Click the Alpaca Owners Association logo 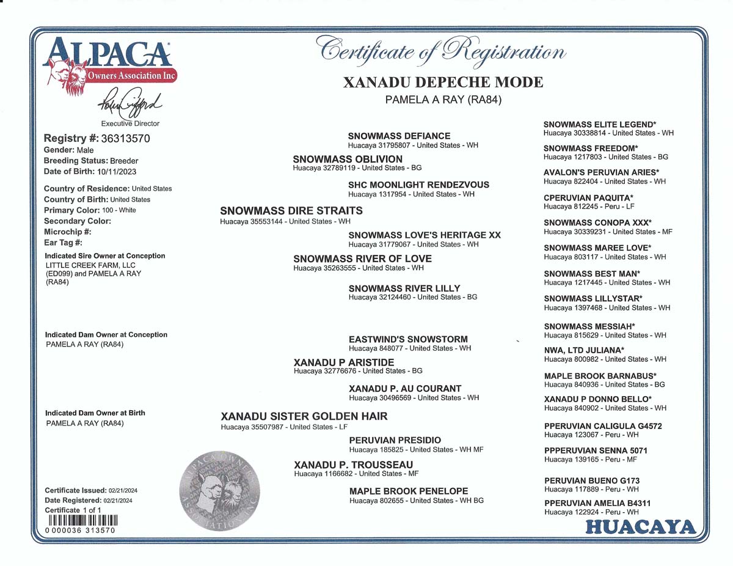(x=109, y=65)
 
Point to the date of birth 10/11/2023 (x=114, y=172)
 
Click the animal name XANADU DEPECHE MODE (x=443, y=83)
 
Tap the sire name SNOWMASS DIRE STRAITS (x=291, y=211)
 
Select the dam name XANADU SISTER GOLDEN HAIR (x=304, y=417)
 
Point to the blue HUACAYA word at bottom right (x=640, y=527)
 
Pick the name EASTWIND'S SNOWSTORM (x=408, y=339)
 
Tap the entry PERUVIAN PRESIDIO (x=395, y=440)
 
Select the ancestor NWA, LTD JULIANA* (x=584, y=350)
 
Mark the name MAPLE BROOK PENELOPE (x=409, y=491)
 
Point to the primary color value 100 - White (x=119, y=210)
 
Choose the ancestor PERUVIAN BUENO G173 (x=592, y=481)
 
